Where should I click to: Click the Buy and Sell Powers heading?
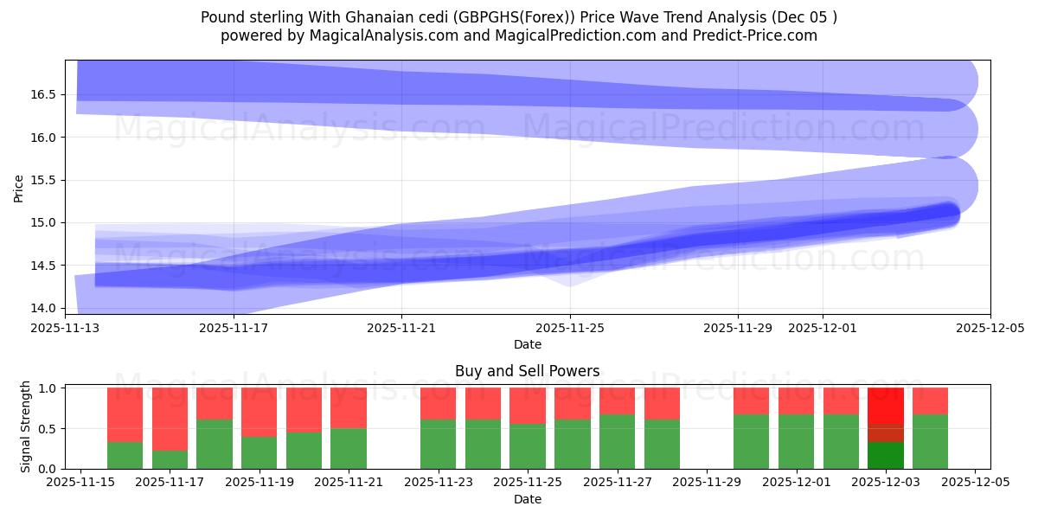(527, 371)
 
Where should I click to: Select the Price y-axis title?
(19, 187)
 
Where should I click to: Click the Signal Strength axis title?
(26, 427)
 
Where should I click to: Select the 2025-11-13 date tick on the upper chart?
(66, 328)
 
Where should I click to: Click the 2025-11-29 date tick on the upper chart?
(738, 328)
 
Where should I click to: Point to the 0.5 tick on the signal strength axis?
(48, 428)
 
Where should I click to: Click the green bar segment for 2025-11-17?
(170, 459)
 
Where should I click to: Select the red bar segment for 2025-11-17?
(170, 419)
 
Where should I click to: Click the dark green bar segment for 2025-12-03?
(885, 455)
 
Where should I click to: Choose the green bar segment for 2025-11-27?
(617, 441)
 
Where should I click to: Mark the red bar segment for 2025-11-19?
(259, 412)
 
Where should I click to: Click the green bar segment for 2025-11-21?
(349, 448)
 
